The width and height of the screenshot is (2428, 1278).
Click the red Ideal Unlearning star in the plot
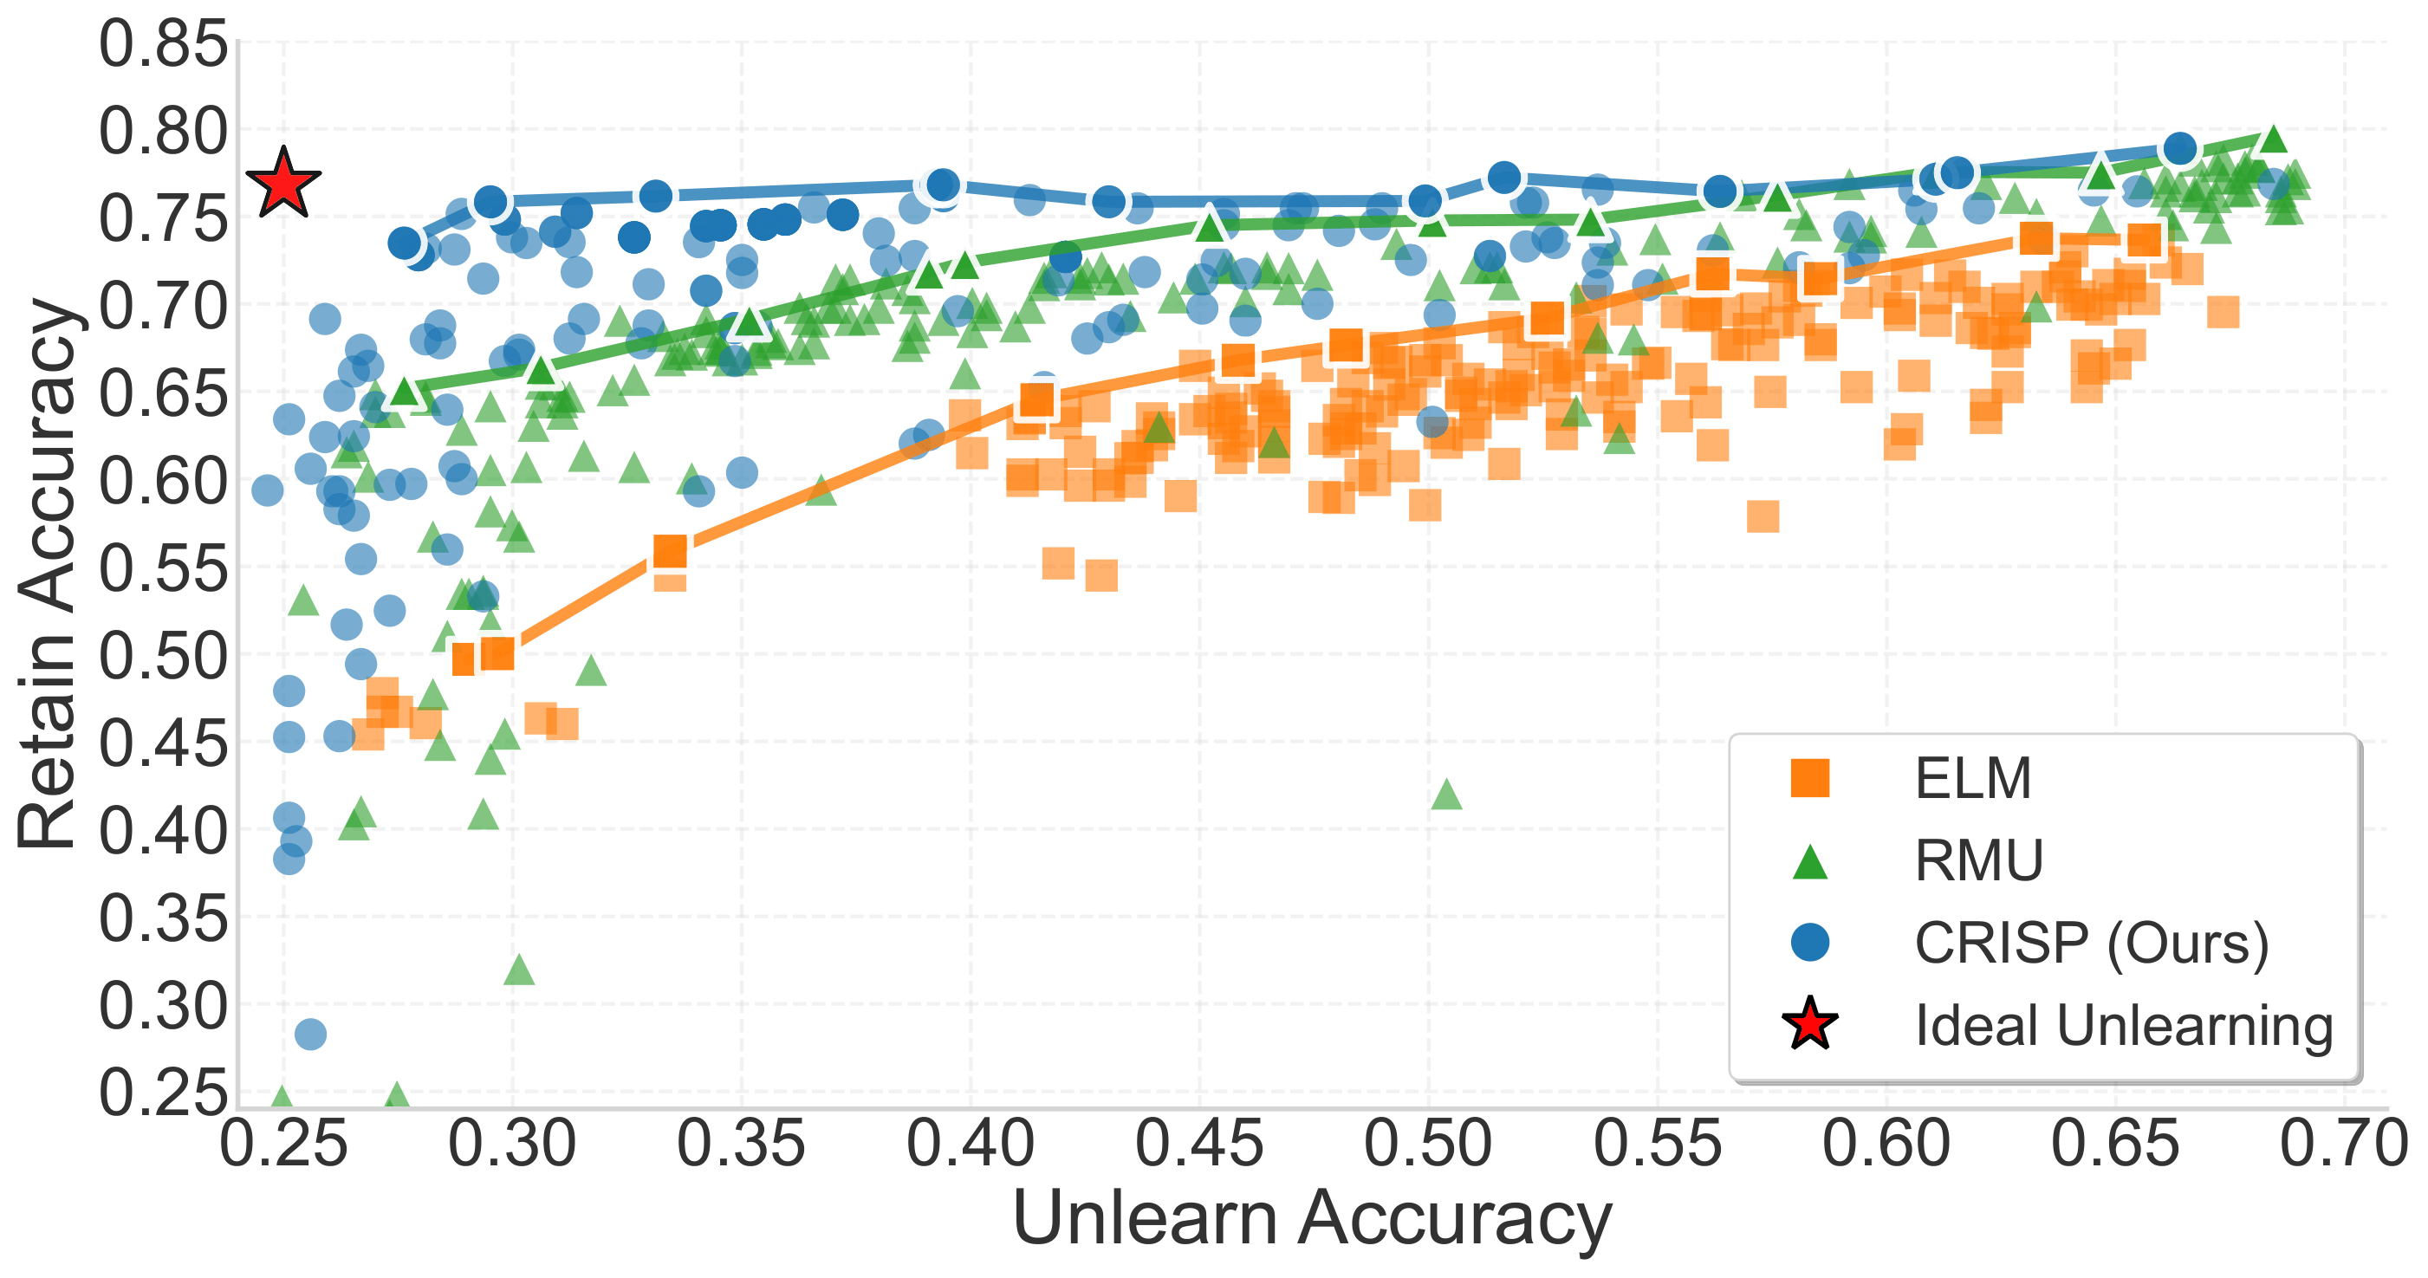(282, 183)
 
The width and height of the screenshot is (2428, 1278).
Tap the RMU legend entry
(1977, 860)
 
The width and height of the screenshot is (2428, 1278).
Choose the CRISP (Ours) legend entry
(2091, 943)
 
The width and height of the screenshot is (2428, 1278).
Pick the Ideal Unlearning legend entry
(2123, 1024)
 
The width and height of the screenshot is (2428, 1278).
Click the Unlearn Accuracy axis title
(1311, 1218)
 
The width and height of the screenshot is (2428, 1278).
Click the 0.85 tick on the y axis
(163, 44)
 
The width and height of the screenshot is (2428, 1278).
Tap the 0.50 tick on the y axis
(163, 656)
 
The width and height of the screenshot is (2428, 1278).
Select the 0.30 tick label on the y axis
(163, 1007)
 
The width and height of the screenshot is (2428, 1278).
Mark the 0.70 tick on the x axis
(2344, 1145)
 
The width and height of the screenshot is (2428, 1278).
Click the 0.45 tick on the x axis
(1200, 1145)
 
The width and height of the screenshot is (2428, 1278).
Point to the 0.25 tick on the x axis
(282, 1145)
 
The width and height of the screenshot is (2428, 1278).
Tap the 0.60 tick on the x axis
(1886, 1145)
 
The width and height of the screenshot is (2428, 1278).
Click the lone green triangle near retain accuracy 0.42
(1446, 795)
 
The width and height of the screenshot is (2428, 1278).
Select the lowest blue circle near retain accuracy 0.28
(311, 1034)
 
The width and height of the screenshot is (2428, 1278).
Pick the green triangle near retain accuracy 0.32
(519, 968)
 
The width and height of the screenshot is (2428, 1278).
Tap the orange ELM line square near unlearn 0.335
(670, 551)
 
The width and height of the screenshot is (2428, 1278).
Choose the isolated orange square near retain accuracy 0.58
(1763, 516)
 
